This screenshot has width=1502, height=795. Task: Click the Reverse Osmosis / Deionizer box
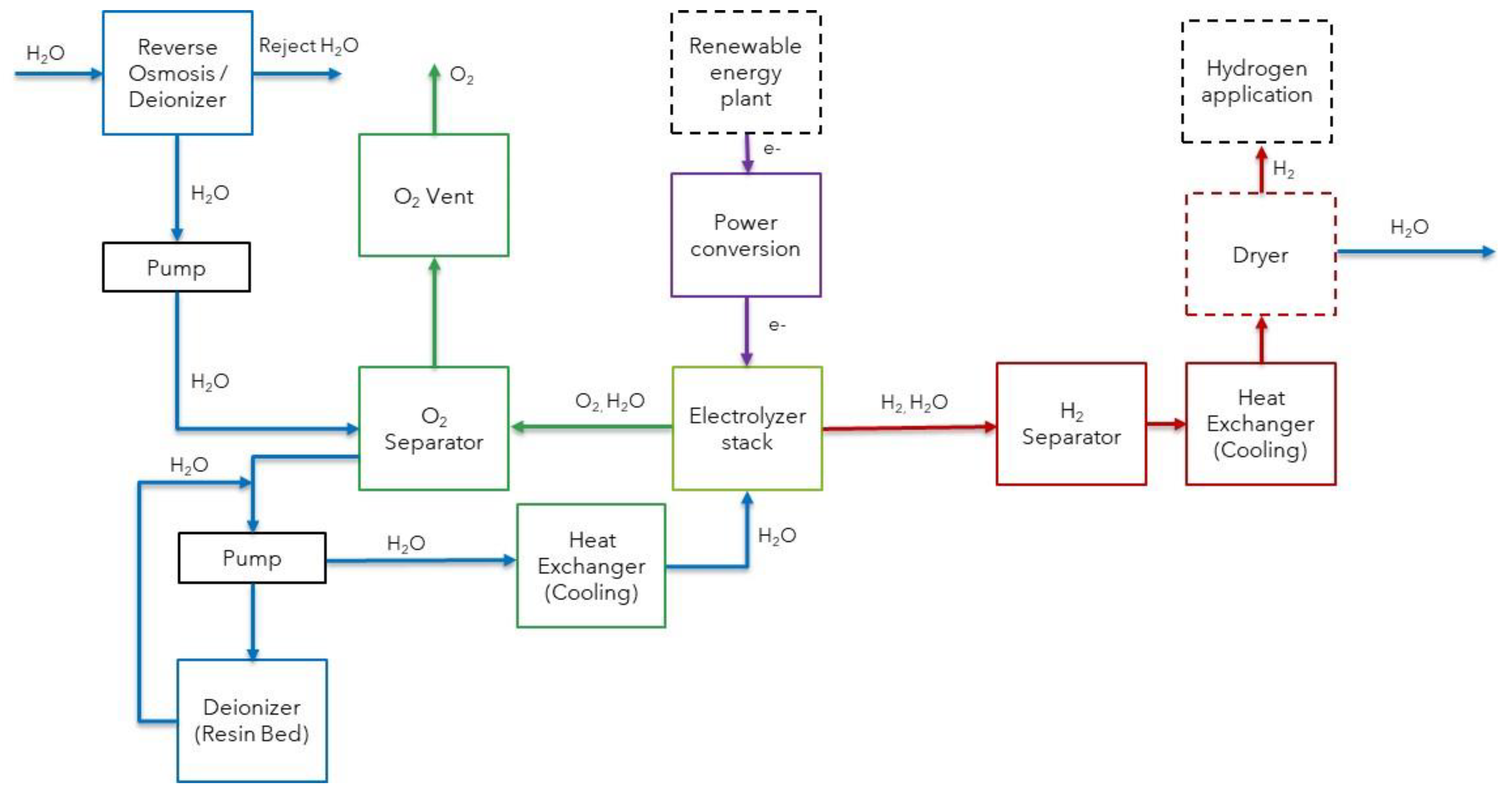click(x=177, y=73)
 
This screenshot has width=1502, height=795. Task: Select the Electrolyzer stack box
click(x=747, y=428)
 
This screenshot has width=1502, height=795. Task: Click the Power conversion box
click(x=746, y=235)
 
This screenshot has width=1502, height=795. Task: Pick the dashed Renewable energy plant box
click(x=746, y=72)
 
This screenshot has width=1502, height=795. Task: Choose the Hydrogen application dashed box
click(x=1256, y=82)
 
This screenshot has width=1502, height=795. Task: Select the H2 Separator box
click(x=1071, y=424)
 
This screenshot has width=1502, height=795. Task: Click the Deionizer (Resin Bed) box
click(x=252, y=720)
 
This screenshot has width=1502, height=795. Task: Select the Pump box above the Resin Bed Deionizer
click(x=252, y=558)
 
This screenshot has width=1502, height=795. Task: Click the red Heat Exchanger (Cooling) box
click(x=1261, y=424)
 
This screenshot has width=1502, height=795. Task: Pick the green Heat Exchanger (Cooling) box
click(x=591, y=566)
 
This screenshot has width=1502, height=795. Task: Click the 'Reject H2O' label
click(x=309, y=45)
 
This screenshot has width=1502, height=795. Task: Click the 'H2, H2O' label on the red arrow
click(x=914, y=402)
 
